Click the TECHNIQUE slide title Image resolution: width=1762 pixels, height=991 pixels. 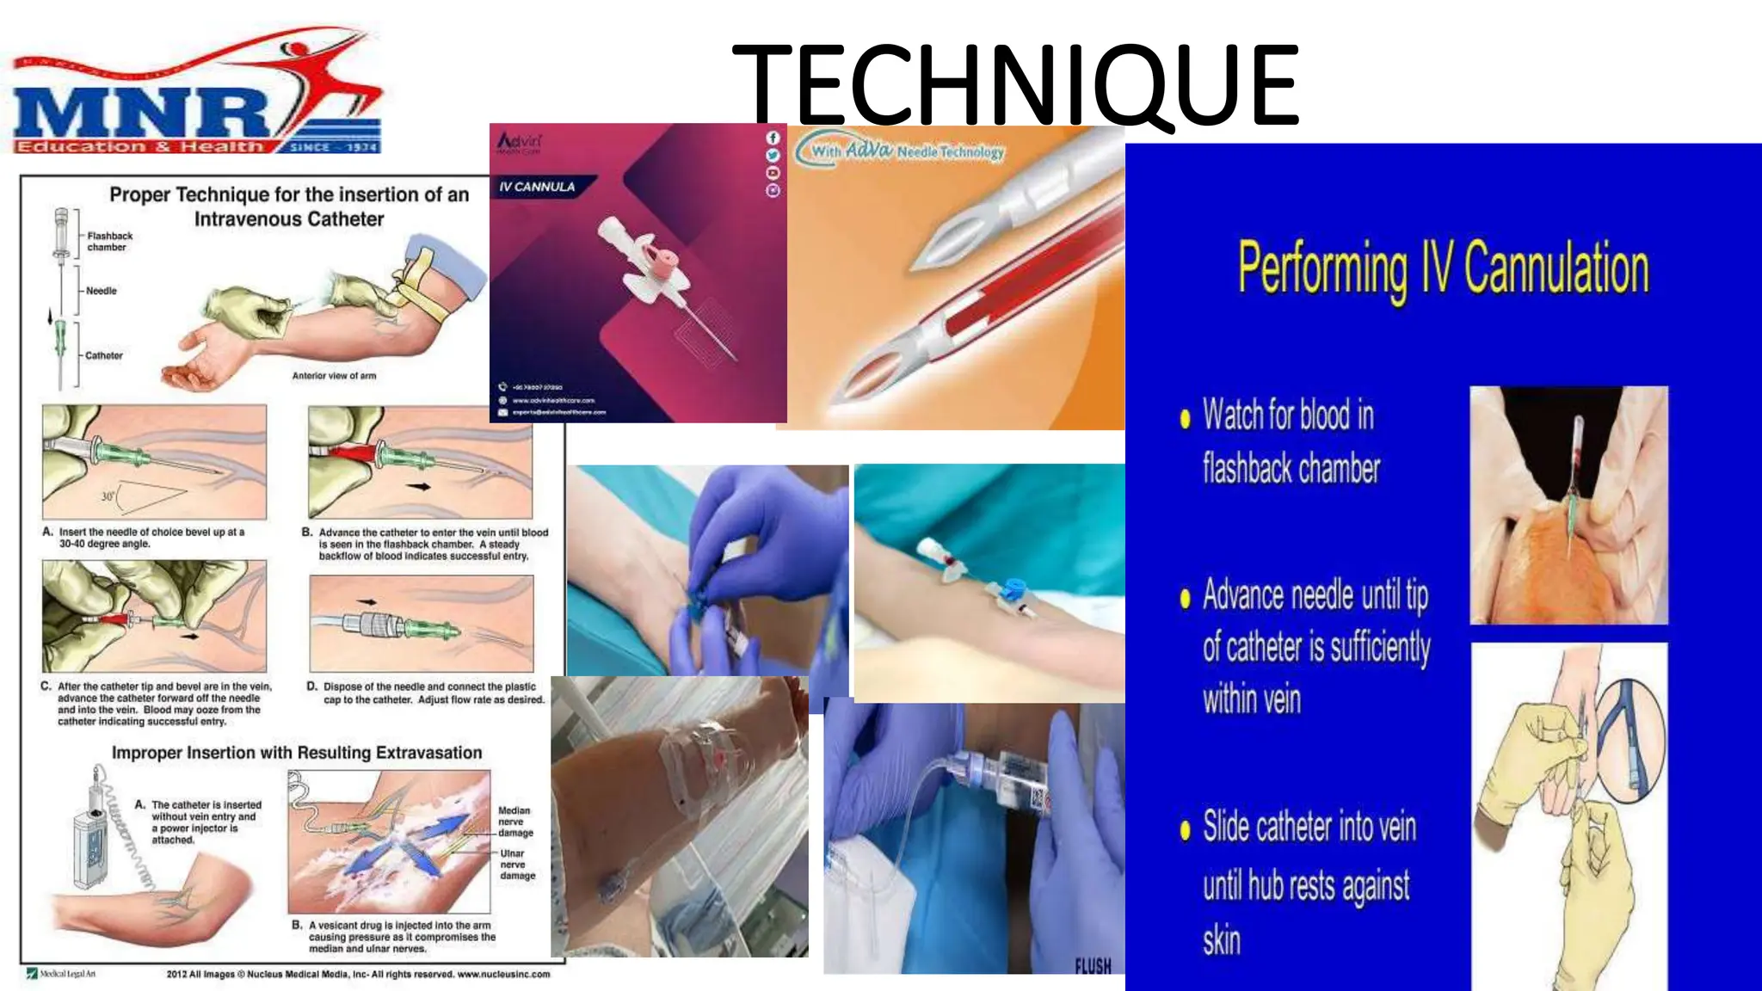(1015, 86)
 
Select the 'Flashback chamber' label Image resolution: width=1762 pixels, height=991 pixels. (109, 242)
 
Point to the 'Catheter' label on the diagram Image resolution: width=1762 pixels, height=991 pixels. (103, 355)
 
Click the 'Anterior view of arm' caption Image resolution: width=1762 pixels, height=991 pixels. (334, 376)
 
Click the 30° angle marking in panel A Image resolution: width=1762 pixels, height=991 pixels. (108, 496)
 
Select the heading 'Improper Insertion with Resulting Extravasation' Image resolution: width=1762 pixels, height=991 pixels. (297, 753)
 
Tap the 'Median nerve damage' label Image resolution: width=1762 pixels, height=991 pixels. (515, 822)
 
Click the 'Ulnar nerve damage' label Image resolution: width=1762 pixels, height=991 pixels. (517, 865)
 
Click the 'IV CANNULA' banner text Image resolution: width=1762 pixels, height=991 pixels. (537, 187)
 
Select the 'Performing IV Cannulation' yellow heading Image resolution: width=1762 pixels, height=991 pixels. (1443, 269)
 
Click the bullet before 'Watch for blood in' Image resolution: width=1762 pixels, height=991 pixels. (1185, 419)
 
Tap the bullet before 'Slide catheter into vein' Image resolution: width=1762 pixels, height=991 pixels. (1185, 829)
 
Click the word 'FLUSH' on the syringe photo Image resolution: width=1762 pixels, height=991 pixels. (1093, 966)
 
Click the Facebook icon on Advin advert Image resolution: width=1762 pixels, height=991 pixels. (773, 138)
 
